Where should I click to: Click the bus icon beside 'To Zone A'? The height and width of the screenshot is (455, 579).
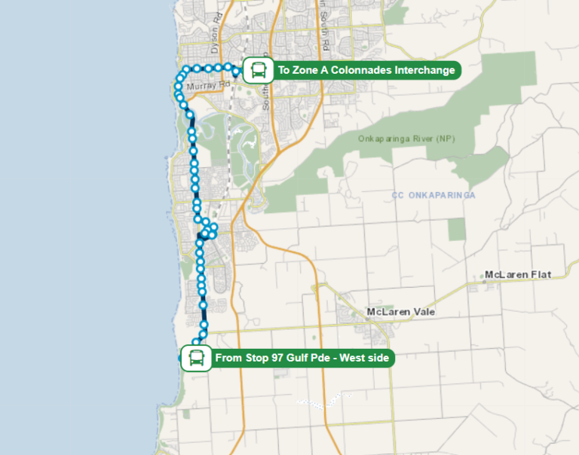[259, 71]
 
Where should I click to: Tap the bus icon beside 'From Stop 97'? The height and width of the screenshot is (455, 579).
[196, 358]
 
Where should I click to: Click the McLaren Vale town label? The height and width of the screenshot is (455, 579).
[400, 312]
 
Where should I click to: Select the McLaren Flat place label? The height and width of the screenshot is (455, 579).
[518, 274]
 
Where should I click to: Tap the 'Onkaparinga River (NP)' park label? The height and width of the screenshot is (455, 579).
[406, 139]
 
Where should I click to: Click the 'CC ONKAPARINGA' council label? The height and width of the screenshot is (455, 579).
[433, 195]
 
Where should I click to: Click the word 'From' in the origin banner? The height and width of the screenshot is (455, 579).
[228, 358]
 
